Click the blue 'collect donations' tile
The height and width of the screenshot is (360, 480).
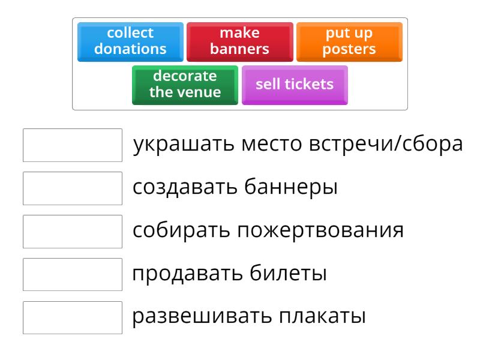click(130, 41)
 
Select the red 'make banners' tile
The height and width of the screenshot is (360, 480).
click(239, 41)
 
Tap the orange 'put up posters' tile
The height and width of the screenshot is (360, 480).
click(349, 41)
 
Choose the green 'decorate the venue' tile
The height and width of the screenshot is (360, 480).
click(185, 85)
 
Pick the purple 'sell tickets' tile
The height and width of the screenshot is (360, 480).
click(294, 85)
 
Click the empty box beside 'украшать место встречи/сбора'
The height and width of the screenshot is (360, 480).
click(73, 145)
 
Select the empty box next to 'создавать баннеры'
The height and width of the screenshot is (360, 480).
click(73, 188)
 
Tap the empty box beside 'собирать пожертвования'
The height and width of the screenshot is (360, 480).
click(73, 231)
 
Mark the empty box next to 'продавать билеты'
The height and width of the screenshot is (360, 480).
click(73, 274)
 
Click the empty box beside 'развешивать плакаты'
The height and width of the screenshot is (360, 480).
click(73, 317)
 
